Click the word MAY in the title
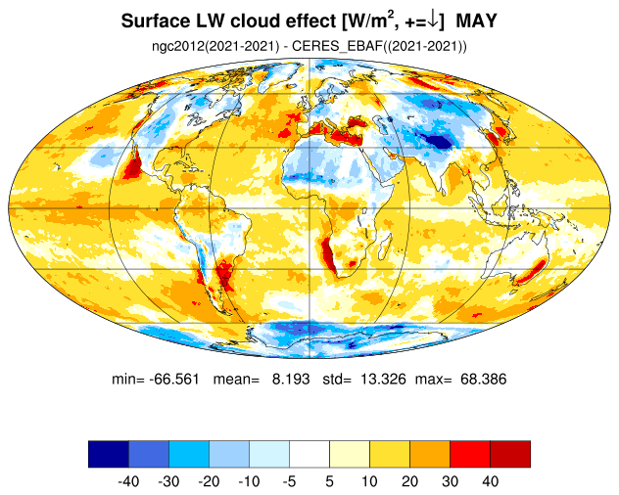pos(476,21)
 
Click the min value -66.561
pos(174,379)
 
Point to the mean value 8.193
pos(291,379)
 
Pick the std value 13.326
pos(383,379)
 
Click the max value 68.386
pos(483,379)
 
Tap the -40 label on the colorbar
pos(128,481)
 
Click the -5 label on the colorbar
pos(289,481)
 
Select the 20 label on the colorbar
pos(409,481)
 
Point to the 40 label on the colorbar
pos(490,481)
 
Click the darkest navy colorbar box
pos(109,454)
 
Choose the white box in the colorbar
pos(309,454)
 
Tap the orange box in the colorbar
pos(430,454)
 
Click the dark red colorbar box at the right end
pos(510,454)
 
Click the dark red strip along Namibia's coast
pos(329,254)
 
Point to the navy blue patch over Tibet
pos(437,140)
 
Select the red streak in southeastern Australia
pos(532,271)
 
